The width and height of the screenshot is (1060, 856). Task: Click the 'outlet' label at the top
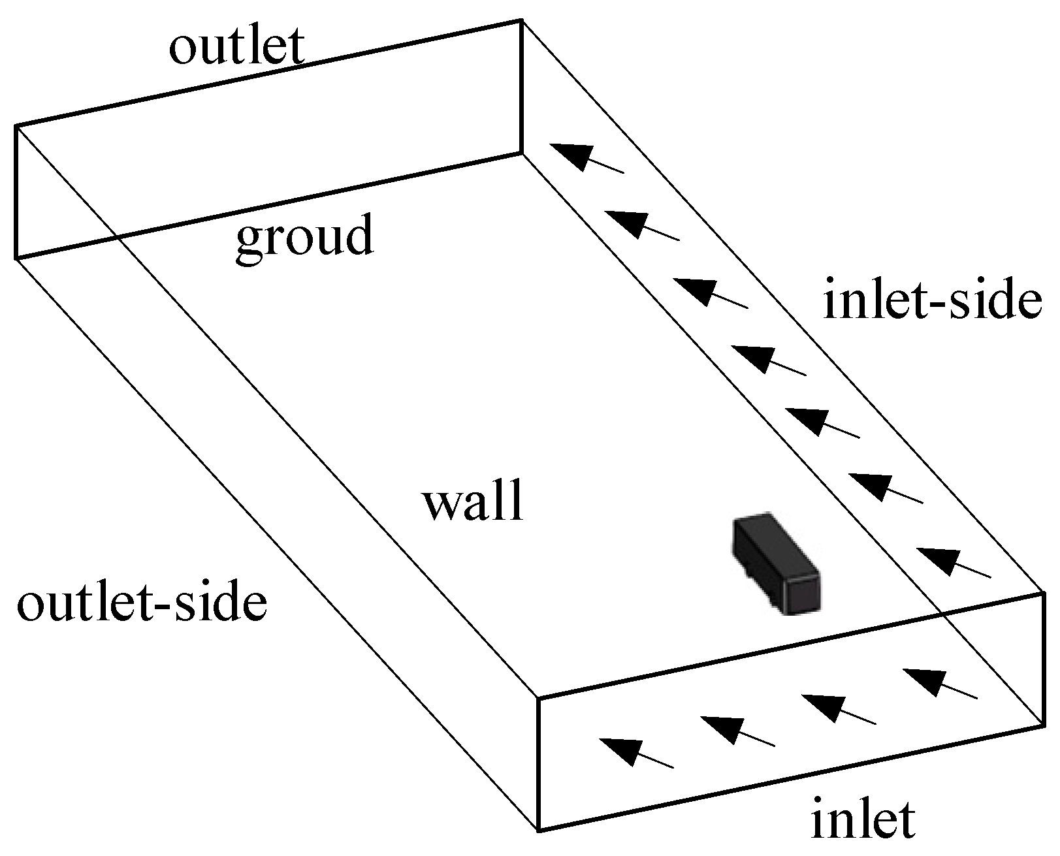[x=236, y=47]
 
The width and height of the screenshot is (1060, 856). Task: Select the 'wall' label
[x=474, y=503]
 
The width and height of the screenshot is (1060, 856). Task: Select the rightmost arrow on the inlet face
[x=940, y=683]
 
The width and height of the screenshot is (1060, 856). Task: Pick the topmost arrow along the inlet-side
[x=586, y=158]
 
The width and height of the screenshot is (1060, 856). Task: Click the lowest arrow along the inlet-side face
[x=953, y=563]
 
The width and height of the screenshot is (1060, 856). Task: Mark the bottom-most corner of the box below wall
[x=539, y=831]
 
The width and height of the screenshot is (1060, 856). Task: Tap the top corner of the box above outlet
[x=521, y=20]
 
